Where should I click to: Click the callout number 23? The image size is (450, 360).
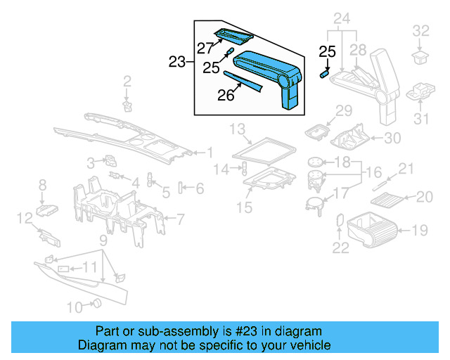click(177, 62)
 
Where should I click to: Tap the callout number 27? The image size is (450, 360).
click(205, 49)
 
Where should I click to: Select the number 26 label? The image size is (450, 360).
click(226, 95)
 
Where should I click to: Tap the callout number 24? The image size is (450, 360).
click(341, 18)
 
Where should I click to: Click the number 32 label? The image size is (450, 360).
click(420, 30)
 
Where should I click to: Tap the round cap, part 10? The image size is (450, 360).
click(98, 304)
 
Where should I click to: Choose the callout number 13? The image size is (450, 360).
click(238, 128)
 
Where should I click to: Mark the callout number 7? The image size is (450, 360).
click(180, 219)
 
